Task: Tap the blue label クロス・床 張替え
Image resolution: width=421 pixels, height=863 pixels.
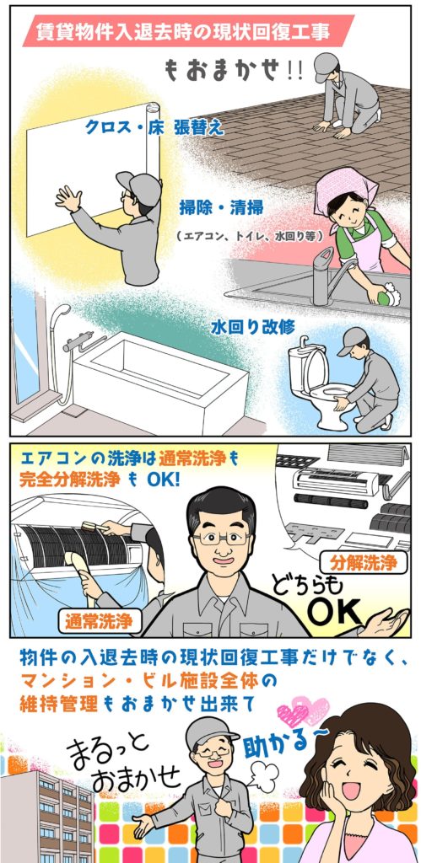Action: [154, 128]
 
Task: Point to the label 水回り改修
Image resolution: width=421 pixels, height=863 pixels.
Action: [253, 326]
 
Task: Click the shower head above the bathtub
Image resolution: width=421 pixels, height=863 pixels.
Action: [60, 313]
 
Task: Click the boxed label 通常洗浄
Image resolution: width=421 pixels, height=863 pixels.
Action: [99, 622]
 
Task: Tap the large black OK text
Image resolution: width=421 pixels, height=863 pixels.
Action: [334, 609]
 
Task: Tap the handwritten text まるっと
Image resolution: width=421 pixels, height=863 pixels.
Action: [108, 750]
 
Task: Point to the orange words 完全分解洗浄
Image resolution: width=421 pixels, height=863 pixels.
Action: [70, 479]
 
